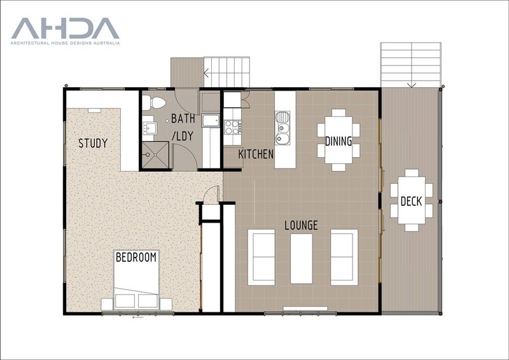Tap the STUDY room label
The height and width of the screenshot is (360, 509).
pos(93,143)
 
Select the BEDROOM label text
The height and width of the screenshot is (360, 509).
pos(136,258)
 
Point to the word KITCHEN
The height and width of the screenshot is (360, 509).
pos(256,154)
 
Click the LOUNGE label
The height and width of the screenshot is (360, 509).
pos(301,225)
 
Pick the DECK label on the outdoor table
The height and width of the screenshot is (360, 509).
pos(411,201)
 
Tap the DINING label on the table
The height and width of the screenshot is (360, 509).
pos(338,141)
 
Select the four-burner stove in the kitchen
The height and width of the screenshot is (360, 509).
pos(232,127)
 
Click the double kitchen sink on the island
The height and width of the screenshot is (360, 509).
pos(282,128)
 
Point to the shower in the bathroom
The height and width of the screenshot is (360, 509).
pos(155,155)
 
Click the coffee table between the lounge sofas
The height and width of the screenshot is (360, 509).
pos(301,259)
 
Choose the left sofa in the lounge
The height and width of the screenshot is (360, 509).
pos(261,258)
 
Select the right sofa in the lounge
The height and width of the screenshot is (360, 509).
pos(344,258)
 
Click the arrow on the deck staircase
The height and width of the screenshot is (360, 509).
pos(411,85)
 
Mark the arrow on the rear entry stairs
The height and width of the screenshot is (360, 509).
pos(206,73)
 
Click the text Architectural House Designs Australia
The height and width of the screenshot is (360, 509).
pos(65,43)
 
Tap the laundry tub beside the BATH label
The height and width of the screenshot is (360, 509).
pos(211,120)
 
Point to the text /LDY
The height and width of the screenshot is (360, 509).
pos(183,136)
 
